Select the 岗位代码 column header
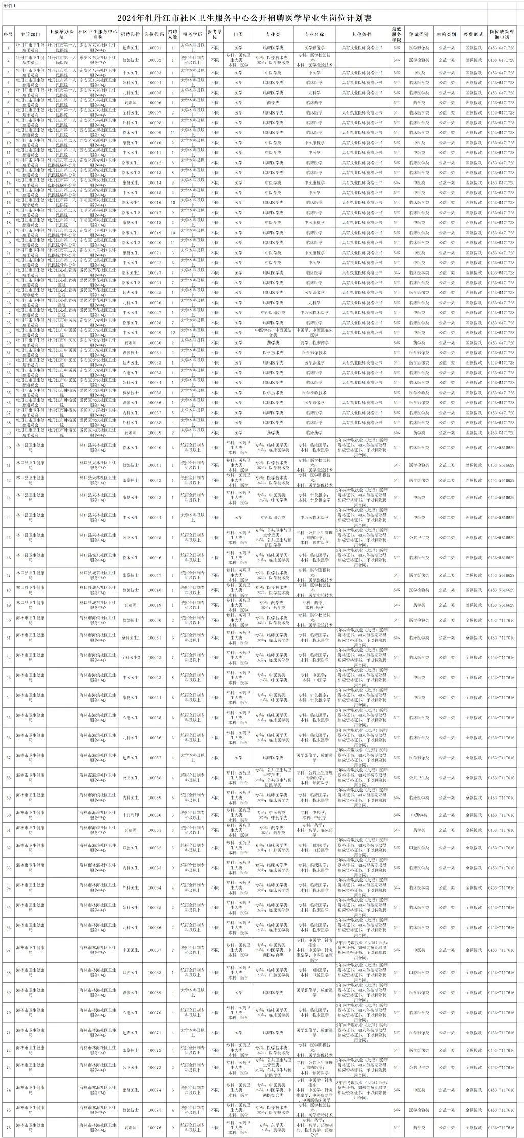(154, 34)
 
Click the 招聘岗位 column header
(130, 34)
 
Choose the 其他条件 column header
(361, 34)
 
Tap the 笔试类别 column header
(418, 34)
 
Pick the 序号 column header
(8, 34)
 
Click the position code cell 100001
(154, 48)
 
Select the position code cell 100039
(154, 433)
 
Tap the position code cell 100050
(154, 620)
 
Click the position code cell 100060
(154, 815)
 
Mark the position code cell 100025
(154, 293)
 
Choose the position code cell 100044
(154, 517)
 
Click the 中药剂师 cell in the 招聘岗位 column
(130, 815)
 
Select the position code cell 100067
(154, 950)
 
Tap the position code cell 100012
(154, 163)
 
